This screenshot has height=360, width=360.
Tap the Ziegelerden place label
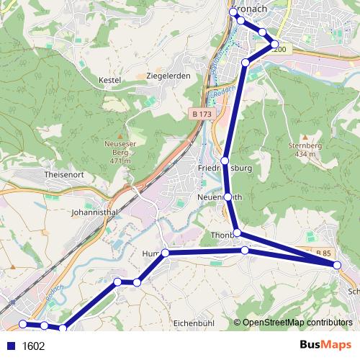coord(169,76)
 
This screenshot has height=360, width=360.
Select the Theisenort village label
coord(66,175)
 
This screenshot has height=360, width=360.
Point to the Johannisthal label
coord(94,213)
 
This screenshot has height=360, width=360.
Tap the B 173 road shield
coord(202,114)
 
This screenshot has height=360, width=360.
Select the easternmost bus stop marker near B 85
coord(338,265)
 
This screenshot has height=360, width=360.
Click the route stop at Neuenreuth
coord(228,197)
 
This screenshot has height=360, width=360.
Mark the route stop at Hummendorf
coord(165,253)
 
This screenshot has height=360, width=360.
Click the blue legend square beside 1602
coord(11,346)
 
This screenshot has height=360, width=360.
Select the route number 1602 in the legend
coord(33,346)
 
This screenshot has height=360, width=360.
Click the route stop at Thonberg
coord(237,233)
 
